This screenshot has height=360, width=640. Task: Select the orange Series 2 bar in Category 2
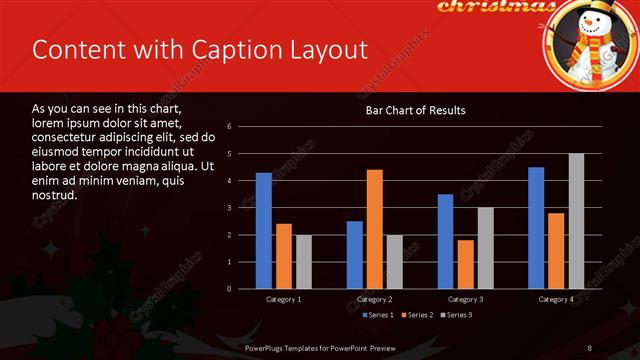[x=375, y=229]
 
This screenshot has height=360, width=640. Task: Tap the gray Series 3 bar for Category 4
[x=576, y=221]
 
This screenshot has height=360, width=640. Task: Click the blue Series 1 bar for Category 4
[x=536, y=228]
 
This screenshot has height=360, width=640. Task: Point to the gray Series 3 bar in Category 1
[x=304, y=262]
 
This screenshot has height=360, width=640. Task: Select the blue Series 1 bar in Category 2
[x=355, y=255]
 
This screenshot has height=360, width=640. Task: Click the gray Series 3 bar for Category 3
[x=486, y=248]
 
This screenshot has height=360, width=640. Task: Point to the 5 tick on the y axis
[x=229, y=154]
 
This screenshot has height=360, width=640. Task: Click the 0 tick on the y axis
[x=229, y=289]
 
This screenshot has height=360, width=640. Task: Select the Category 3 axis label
[x=466, y=299]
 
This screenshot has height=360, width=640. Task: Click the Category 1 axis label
[x=284, y=299]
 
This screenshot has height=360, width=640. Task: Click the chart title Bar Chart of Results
[x=415, y=110]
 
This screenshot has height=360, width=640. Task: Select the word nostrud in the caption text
[x=55, y=197]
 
